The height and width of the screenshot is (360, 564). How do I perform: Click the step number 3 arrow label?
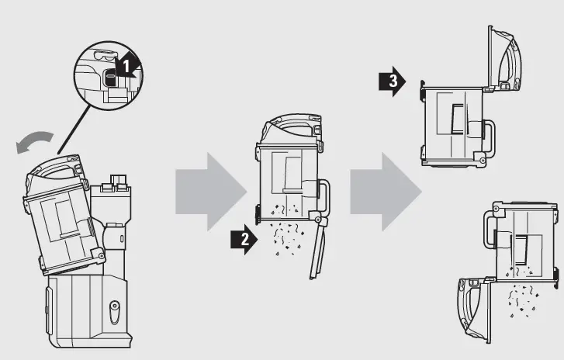(392, 81)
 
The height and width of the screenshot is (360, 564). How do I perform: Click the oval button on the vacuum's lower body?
(115, 310)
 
